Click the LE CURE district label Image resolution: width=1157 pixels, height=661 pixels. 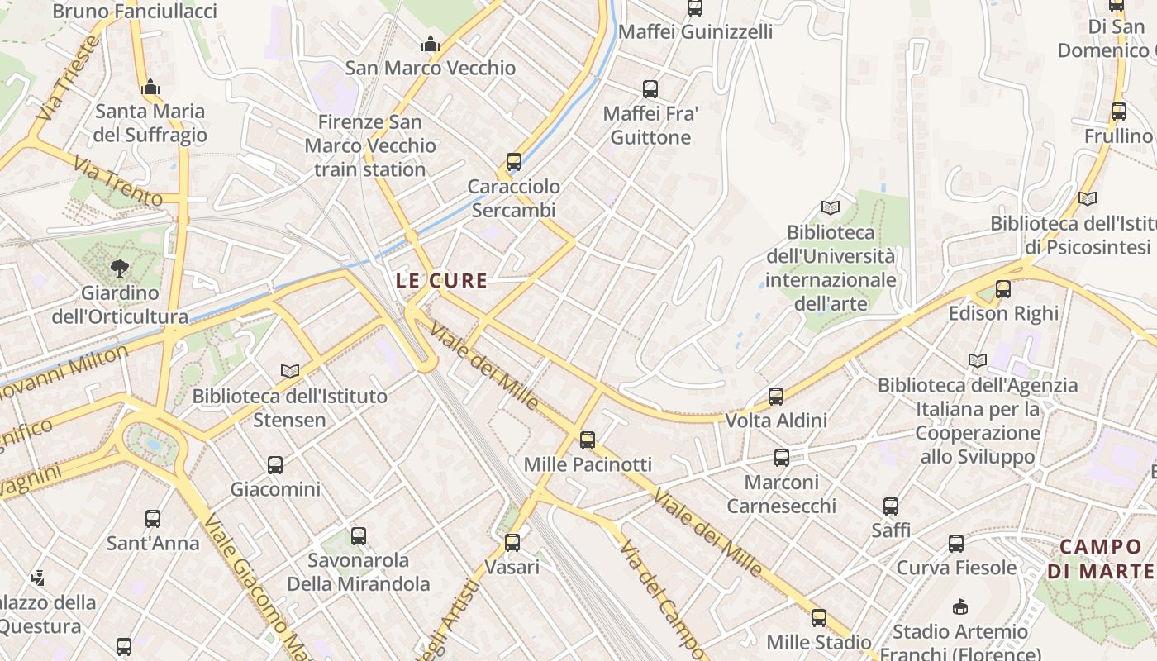(x=441, y=280)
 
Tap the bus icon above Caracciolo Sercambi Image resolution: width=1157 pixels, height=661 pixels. (x=514, y=162)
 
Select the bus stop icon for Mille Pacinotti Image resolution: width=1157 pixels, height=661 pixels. (x=588, y=440)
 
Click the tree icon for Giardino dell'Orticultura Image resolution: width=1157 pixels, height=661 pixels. (x=120, y=268)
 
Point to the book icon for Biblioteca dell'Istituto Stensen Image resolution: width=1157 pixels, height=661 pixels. (x=289, y=372)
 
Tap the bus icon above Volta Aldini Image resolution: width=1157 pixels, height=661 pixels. (x=775, y=397)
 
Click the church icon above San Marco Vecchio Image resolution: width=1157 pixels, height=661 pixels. (x=431, y=44)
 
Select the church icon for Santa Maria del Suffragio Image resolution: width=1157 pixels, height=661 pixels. (x=150, y=87)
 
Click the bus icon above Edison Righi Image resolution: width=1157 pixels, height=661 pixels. (x=1002, y=289)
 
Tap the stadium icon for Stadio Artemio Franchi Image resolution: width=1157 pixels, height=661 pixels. (x=959, y=608)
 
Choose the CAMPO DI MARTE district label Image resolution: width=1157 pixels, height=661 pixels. (x=1100, y=559)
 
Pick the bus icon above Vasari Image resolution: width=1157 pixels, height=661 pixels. (x=512, y=543)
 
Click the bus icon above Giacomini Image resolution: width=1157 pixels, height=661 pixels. (x=275, y=465)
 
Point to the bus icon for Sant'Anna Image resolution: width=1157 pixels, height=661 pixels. (x=153, y=519)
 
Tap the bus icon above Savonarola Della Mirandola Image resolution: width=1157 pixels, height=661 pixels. (x=358, y=536)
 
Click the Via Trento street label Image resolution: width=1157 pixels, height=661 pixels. (x=117, y=181)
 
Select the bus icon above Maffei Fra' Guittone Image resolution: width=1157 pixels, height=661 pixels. (x=650, y=89)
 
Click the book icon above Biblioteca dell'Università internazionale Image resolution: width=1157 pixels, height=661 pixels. (x=830, y=208)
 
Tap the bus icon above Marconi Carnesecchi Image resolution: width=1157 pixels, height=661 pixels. (x=781, y=458)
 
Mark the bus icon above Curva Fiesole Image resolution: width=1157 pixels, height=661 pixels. (x=956, y=544)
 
